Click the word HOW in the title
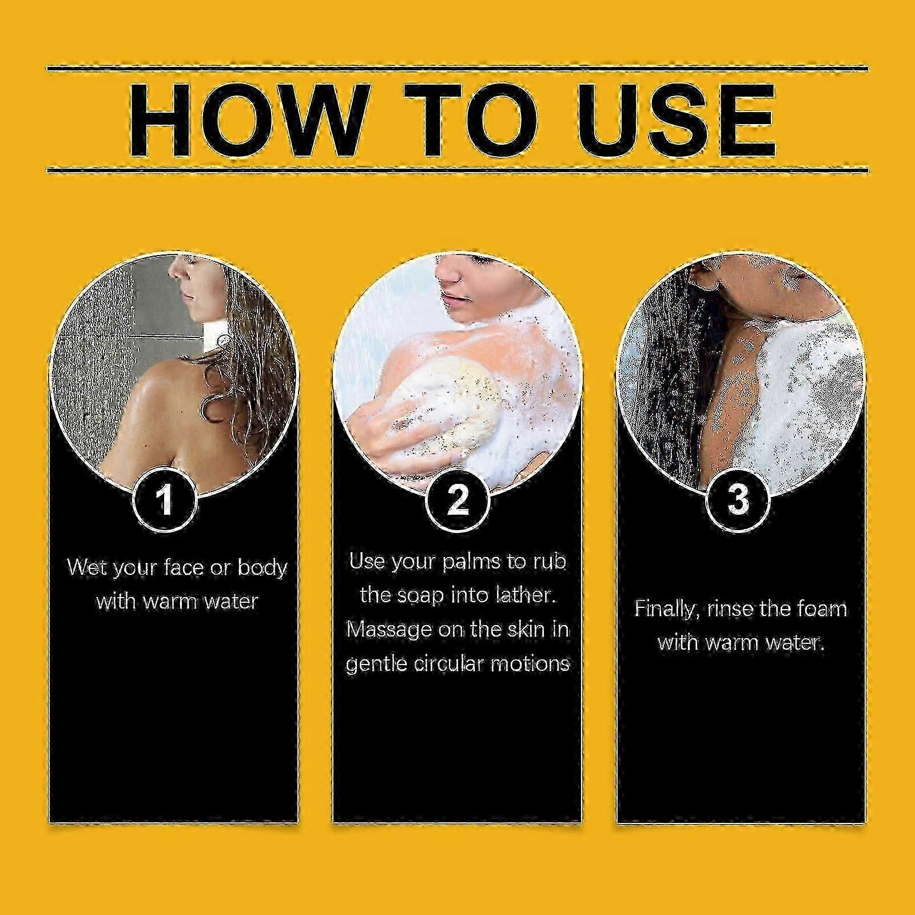click(x=244, y=121)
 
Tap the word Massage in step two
click(x=390, y=630)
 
